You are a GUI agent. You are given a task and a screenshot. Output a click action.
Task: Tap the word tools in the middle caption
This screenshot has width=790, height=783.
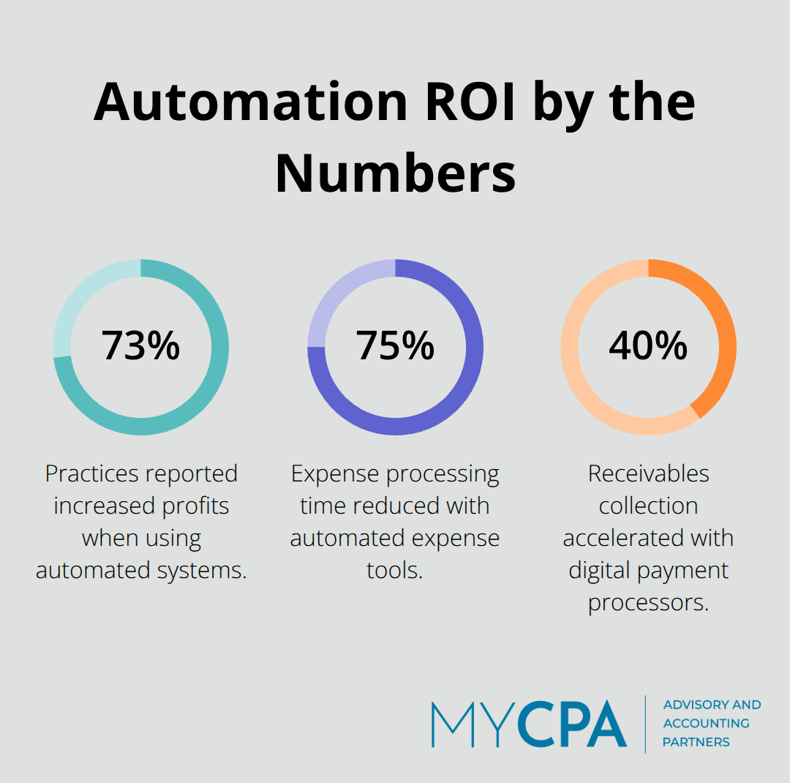click(x=394, y=571)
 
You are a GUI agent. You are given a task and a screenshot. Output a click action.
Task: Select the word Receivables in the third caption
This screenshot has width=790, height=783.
click(x=648, y=474)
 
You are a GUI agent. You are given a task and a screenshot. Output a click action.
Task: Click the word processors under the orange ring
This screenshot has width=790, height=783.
click(x=648, y=603)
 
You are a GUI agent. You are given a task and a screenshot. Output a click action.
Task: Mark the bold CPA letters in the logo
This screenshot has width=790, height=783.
click(x=572, y=724)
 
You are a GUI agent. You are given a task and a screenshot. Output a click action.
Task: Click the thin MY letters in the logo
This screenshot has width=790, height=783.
click(x=473, y=724)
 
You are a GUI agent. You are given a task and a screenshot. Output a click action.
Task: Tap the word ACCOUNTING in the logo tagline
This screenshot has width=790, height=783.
click(x=706, y=723)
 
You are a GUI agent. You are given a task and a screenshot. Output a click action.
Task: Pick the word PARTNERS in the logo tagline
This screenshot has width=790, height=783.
click(x=696, y=742)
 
